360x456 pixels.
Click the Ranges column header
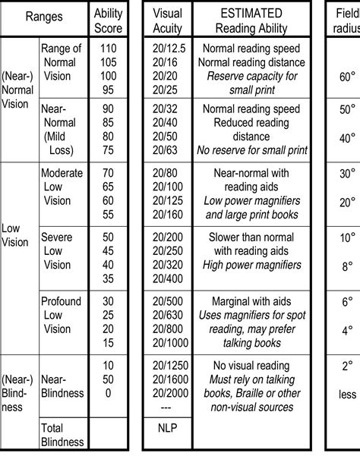click(43, 14)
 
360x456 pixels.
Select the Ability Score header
click(107, 21)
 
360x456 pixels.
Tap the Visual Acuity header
click(167, 21)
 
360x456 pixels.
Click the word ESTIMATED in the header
click(251, 14)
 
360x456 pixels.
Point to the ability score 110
click(107, 48)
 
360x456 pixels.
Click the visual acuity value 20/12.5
click(167, 48)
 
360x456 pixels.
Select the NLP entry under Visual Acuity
click(167, 429)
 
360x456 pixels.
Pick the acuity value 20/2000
click(167, 394)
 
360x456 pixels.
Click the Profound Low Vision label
click(62, 315)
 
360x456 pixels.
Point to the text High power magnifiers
click(251, 264)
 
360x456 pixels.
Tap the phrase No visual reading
click(251, 366)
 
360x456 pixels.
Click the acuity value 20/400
click(167, 279)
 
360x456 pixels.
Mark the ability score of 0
click(107, 394)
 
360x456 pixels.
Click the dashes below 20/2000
click(167, 407)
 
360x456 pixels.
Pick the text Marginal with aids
click(251, 301)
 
